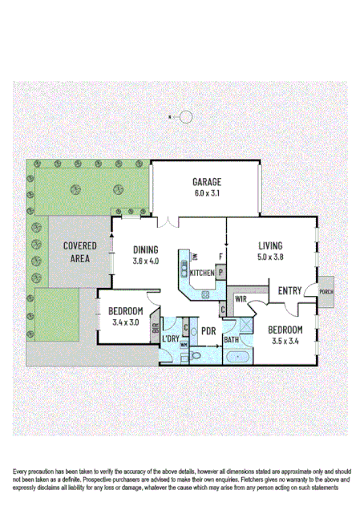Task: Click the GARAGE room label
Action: point(206,181)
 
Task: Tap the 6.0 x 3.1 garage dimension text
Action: point(206,193)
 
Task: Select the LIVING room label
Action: point(272,246)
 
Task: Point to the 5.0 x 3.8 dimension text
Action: point(272,257)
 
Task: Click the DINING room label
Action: point(145,249)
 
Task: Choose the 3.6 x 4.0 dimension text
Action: point(145,261)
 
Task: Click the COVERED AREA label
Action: point(80,251)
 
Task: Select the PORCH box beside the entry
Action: point(326,292)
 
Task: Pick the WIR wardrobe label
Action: point(241,298)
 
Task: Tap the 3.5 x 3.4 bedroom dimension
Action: point(285,342)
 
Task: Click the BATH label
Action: point(232,340)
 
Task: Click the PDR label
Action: point(208,331)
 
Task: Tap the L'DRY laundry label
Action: point(171,339)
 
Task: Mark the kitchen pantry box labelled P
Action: point(220,273)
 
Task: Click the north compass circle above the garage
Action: point(186,117)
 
